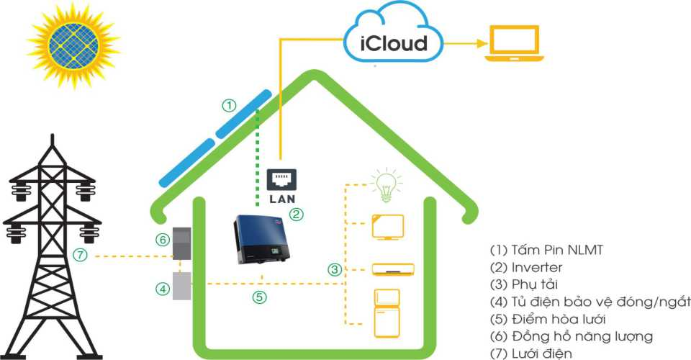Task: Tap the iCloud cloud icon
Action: [x=393, y=40]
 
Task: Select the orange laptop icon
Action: [x=513, y=45]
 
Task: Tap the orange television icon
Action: [x=387, y=227]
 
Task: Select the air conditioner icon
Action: [x=393, y=269]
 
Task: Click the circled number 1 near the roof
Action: [x=229, y=106]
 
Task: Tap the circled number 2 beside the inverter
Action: [x=296, y=214]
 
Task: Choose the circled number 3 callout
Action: [x=334, y=270]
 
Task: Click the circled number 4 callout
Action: [x=163, y=289]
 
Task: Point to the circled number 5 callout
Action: [x=260, y=296]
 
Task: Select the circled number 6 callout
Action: [x=163, y=239]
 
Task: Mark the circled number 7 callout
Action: [x=81, y=254]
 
